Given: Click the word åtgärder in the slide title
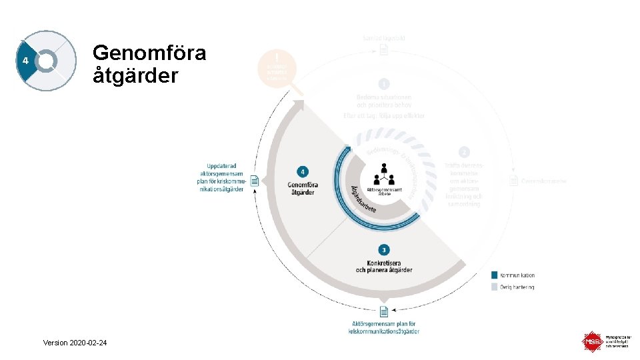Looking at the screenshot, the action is [x=135, y=75].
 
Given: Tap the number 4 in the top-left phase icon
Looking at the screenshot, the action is [x=25, y=61].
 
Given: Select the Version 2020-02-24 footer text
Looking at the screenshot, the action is [x=75, y=343].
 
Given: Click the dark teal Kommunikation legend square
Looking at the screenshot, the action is [x=494, y=275].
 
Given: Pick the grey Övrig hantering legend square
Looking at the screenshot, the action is [x=494, y=287].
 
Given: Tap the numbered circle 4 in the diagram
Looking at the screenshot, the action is [x=303, y=172].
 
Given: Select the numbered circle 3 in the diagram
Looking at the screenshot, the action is [x=383, y=250].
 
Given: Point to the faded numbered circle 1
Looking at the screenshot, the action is [x=383, y=84].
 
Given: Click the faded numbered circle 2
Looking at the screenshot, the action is [x=464, y=153].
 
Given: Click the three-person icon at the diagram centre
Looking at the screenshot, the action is [x=384, y=175].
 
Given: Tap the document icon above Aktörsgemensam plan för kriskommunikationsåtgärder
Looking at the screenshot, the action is [x=383, y=311].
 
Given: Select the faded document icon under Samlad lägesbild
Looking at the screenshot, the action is [x=383, y=51].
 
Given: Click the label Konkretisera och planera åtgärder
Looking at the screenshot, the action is [x=384, y=265].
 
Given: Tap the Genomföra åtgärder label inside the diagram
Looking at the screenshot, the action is [x=302, y=188].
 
